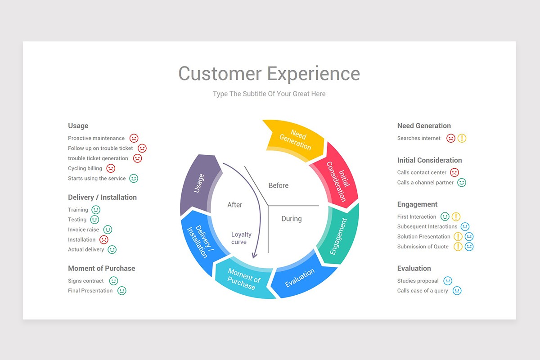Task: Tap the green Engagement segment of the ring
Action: (x=339, y=236)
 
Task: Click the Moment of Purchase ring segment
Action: (x=243, y=279)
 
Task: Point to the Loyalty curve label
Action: (x=241, y=238)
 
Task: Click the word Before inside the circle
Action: (x=278, y=185)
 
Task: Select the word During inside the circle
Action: (x=291, y=219)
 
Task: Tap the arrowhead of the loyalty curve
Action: (x=254, y=255)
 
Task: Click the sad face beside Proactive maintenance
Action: (x=134, y=138)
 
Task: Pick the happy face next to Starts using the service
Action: (x=134, y=178)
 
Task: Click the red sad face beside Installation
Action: (x=104, y=239)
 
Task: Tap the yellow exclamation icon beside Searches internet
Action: (x=462, y=138)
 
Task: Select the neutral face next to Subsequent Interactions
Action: (x=465, y=226)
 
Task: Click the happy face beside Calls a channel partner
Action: (x=462, y=182)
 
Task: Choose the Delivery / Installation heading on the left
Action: (x=102, y=197)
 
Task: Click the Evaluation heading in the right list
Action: (x=414, y=268)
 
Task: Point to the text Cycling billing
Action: (x=85, y=168)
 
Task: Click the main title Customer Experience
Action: (x=269, y=73)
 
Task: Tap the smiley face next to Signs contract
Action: (x=113, y=281)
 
